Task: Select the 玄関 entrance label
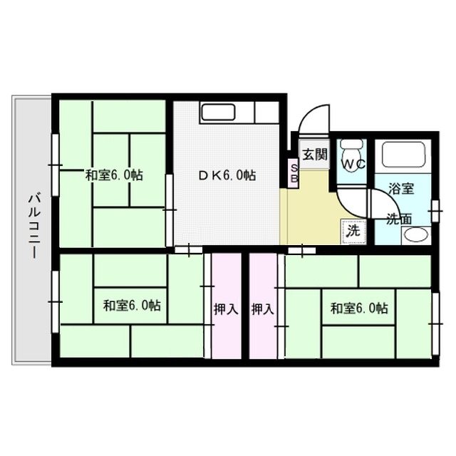tap(313, 155)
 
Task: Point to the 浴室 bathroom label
tap(401, 189)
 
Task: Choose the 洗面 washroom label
tap(399, 219)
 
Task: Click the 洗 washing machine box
tap(352, 230)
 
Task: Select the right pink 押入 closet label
tap(262, 309)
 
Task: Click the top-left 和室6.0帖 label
tap(114, 175)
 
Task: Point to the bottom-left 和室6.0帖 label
tap(131, 306)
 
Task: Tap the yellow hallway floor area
tap(306, 214)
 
